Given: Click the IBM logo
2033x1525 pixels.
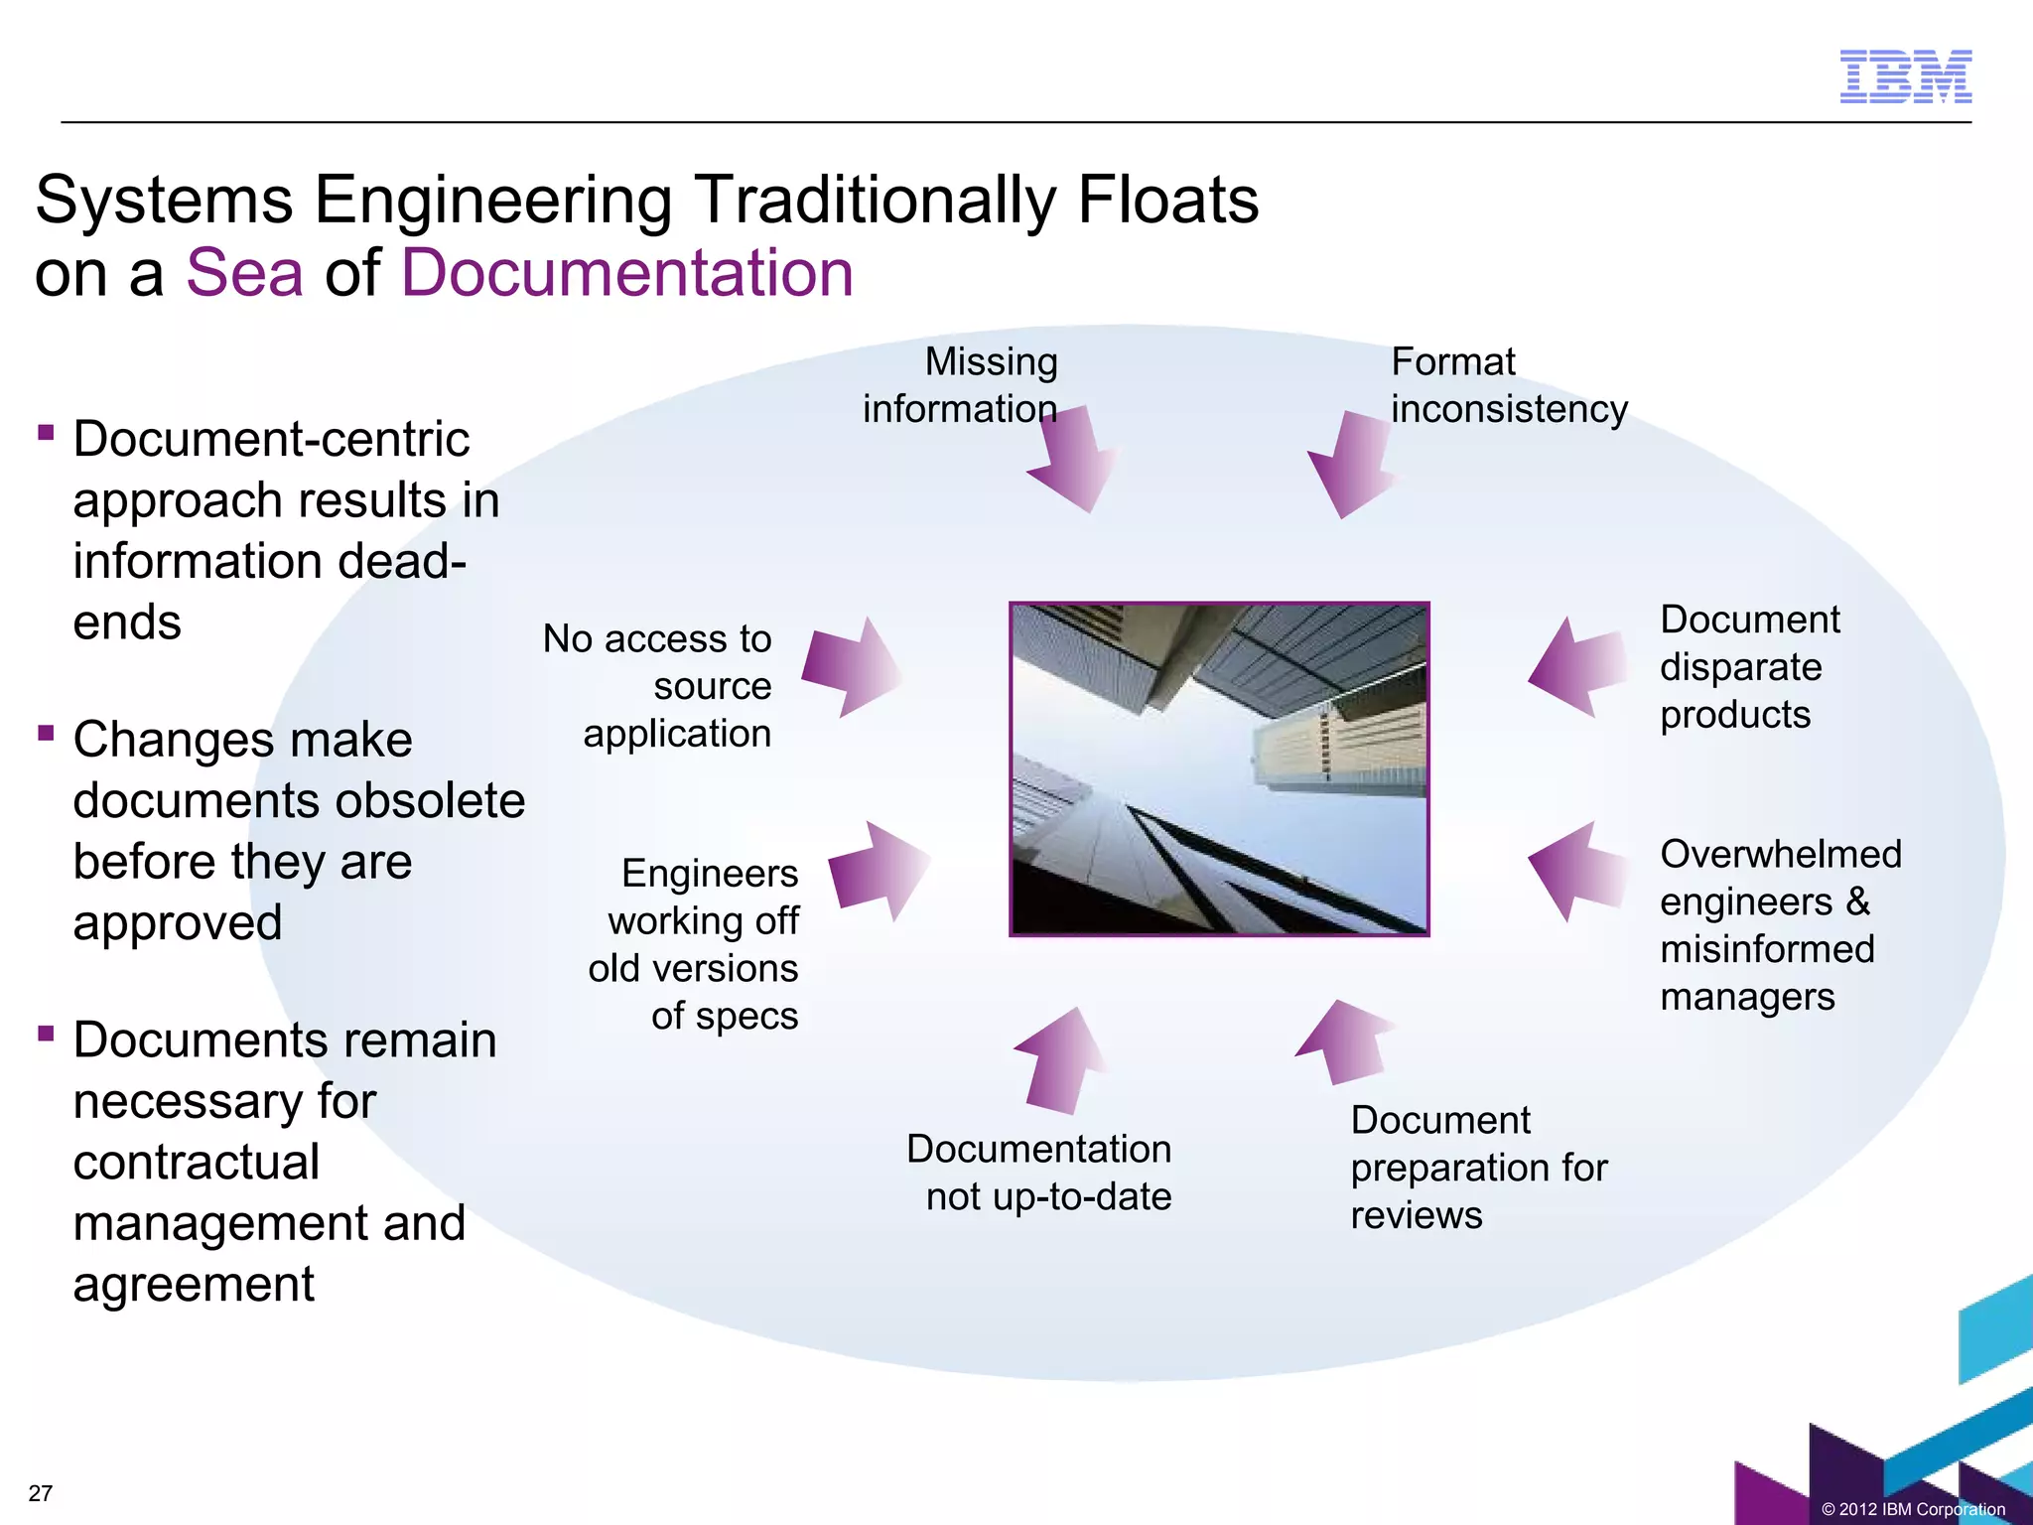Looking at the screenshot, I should click(x=1905, y=76).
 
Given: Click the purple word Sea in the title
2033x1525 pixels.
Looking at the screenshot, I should click(x=244, y=272).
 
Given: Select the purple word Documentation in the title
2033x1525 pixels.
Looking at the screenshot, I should click(x=626, y=272).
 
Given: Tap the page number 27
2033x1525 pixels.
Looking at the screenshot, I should click(x=41, y=1493).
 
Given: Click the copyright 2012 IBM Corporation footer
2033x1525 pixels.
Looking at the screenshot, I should click(x=1913, y=1509).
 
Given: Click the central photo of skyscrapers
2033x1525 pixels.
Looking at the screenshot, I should click(x=1219, y=768).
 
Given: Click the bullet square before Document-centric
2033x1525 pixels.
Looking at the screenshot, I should click(x=46, y=432).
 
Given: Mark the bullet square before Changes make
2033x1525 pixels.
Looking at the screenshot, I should click(x=46, y=733).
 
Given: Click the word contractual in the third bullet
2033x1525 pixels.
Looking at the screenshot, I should click(x=197, y=1162).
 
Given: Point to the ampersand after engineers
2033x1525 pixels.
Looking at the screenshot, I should click(x=1857, y=901).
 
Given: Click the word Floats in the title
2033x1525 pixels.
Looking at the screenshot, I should click(x=1167, y=200).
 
